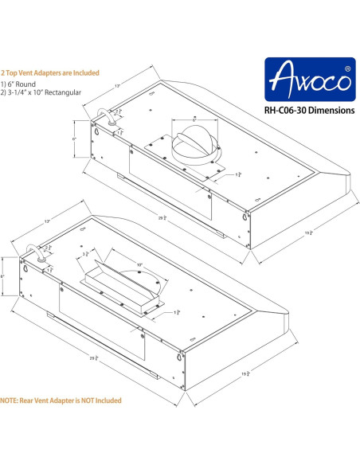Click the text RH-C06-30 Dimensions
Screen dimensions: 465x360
pos(307,111)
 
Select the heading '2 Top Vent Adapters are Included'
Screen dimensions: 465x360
pos(50,72)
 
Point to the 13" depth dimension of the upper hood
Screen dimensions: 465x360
pos(117,85)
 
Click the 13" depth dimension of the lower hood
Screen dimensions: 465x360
pos(47,220)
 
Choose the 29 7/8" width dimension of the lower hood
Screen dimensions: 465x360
pos(94,358)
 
